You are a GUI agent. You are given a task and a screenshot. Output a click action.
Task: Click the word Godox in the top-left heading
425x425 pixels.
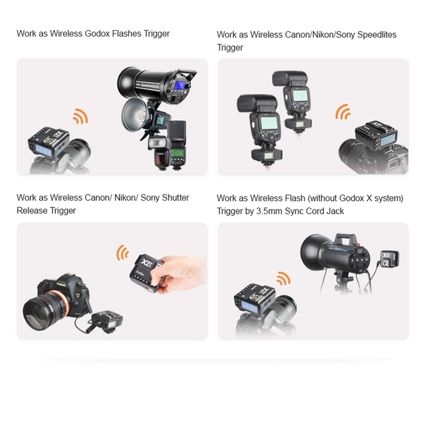[x=97, y=33]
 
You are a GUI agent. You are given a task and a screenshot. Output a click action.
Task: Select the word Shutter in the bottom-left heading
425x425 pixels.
[x=175, y=198]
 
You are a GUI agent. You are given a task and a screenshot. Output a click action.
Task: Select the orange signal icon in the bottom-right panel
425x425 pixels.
[x=284, y=278]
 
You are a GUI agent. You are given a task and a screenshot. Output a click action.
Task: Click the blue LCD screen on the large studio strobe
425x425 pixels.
[x=180, y=85]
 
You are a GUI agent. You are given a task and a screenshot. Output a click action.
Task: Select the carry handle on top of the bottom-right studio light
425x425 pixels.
[x=346, y=239]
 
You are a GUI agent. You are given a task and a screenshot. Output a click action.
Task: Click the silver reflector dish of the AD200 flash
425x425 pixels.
[x=134, y=114]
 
